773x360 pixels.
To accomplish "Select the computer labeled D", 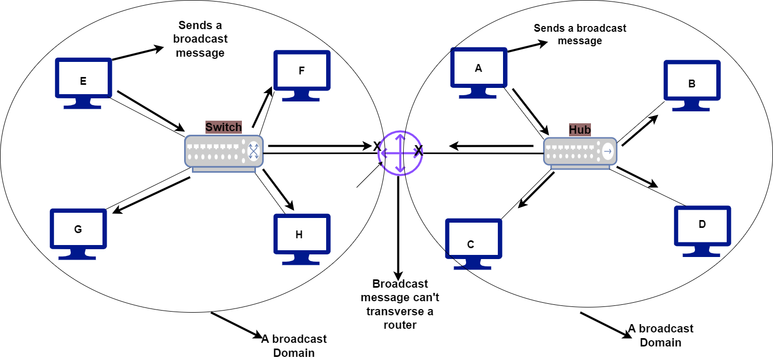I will point(702,229).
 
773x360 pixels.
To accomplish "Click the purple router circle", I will point(400,153).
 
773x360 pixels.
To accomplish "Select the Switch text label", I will point(224,127).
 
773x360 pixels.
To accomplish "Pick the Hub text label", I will point(579,130).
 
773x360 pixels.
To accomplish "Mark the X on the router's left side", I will point(377,147).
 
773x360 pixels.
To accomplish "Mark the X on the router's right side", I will point(418,151).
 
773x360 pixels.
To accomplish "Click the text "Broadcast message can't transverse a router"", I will point(400,304).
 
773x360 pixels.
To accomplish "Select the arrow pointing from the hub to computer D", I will point(637,177).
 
